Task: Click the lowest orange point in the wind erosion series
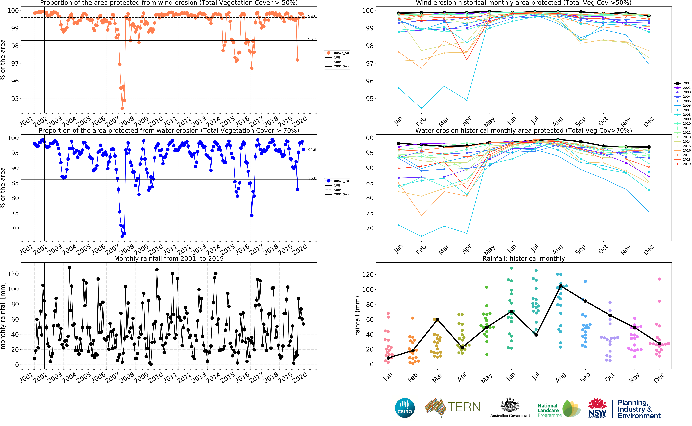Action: (x=122, y=108)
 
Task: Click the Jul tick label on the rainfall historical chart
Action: (x=535, y=376)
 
